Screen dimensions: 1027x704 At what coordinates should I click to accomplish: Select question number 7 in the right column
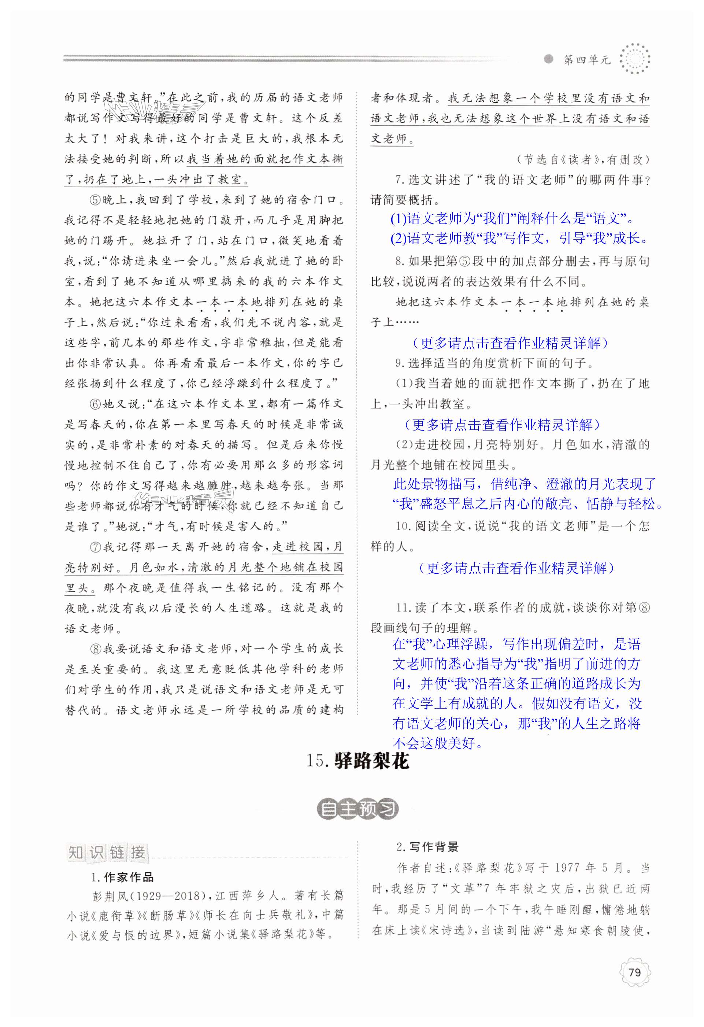[399, 180]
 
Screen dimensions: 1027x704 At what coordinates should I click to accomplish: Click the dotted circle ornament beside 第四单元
[635, 59]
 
